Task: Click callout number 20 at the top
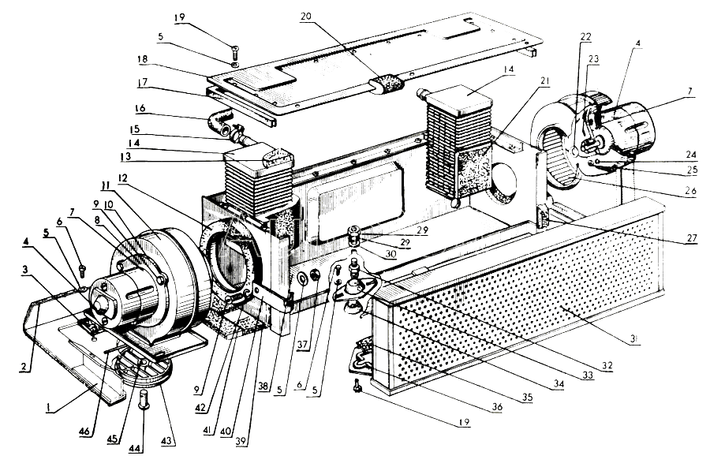tap(306, 17)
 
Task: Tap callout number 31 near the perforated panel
tap(634, 338)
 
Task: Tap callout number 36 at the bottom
tap(497, 406)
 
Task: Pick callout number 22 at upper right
tap(586, 37)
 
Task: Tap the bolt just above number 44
tap(143, 398)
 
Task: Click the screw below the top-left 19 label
tap(234, 53)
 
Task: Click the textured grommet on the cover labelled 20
tap(385, 84)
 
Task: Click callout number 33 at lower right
tap(588, 375)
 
